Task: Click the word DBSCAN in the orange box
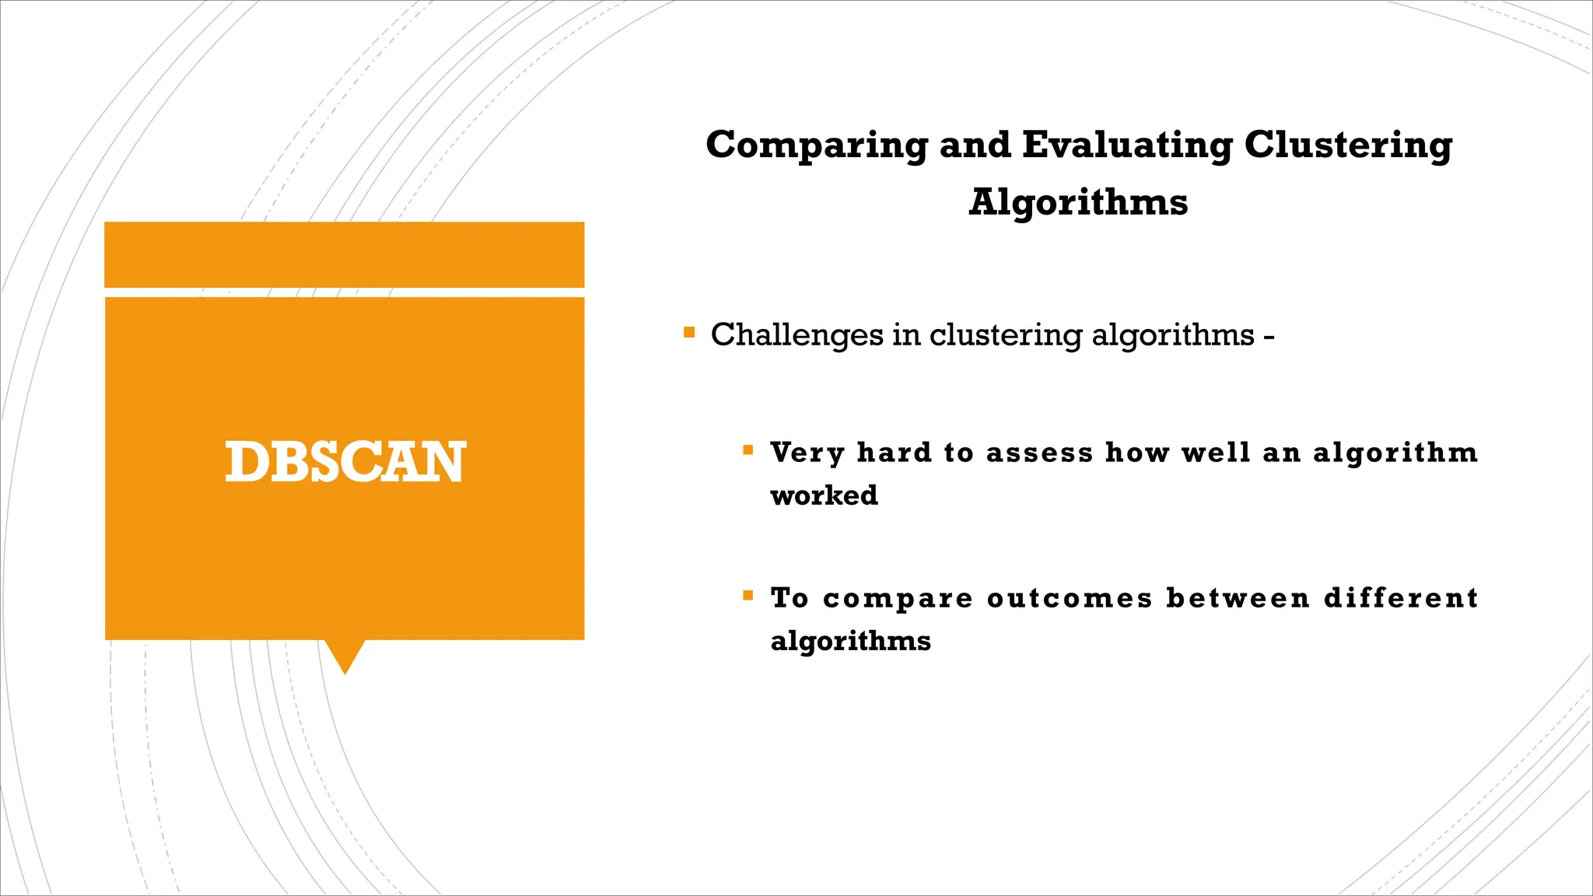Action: pyautogui.click(x=345, y=462)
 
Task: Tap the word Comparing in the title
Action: pyautogui.click(x=817, y=145)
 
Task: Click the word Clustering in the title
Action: pyautogui.click(x=1348, y=145)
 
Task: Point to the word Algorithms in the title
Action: pyautogui.click(x=1078, y=202)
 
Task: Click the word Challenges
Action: pyautogui.click(x=796, y=335)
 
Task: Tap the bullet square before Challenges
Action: pyautogui.click(x=688, y=333)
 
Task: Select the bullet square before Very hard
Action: pyautogui.click(x=748, y=450)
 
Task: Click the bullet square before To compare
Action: pyautogui.click(x=748, y=596)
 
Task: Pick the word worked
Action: pyautogui.click(x=824, y=495)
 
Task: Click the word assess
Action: pyautogui.click(x=1039, y=453)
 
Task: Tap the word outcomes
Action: pyautogui.click(x=1070, y=598)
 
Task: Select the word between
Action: pyautogui.click(x=1238, y=598)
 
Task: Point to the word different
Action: pyautogui.click(x=1401, y=598)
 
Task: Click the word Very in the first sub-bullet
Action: pyautogui.click(x=807, y=453)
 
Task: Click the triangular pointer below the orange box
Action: pyautogui.click(x=345, y=656)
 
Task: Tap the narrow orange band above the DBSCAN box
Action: pyautogui.click(x=345, y=254)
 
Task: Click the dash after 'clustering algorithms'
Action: pyautogui.click(x=1269, y=338)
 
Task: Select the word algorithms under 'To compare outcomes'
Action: pyautogui.click(x=850, y=642)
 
